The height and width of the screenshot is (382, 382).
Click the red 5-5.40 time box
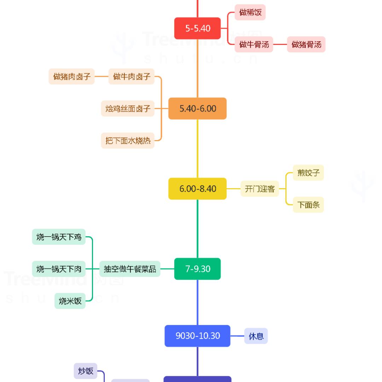pyautogui.click(x=197, y=28)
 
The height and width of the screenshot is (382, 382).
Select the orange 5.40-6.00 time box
pyautogui.click(x=197, y=109)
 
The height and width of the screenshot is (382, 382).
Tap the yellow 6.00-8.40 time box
pyautogui.click(x=197, y=189)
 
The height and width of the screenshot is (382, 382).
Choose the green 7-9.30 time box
pyautogui.click(x=197, y=269)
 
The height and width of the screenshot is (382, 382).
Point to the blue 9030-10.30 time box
pyautogui.click(x=197, y=336)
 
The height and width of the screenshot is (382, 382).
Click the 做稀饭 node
pyautogui.click(x=250, y=13)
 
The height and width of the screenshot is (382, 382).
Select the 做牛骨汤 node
pyautogui.click(x=254, y=45)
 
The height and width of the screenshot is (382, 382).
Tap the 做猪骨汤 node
pyautogui.click(x=306, y=45)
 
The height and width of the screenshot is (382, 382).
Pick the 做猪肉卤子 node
pyautogui.click(x=71, y=76)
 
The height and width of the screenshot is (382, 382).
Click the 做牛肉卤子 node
pyautogui.click(x=132, y=76)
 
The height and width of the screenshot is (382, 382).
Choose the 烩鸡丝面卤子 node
pyautogui.click(x=128, y=109)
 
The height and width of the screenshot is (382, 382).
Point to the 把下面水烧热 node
pyautogui.click(x=128, y=141)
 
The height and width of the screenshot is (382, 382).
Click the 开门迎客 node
pyautogui.click(x=260, y=189)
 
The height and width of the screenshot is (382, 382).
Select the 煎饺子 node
pyautogui.click(x=308, y=173)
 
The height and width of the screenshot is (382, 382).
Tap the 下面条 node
pyautogui.click(x=308, y=205)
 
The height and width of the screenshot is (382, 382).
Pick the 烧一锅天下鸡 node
pyautogui.click(x=59, y=237)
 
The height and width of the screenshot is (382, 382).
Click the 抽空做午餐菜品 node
pyautogui.click(x=130, y=269)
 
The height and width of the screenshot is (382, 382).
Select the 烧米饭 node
pyautogui.click(x=70, y=301)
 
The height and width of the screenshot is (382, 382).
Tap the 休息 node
pyautogui.click(x=256, y=336)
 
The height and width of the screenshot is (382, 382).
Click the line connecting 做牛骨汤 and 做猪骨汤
pyautogui.click(x=280, y=45)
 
